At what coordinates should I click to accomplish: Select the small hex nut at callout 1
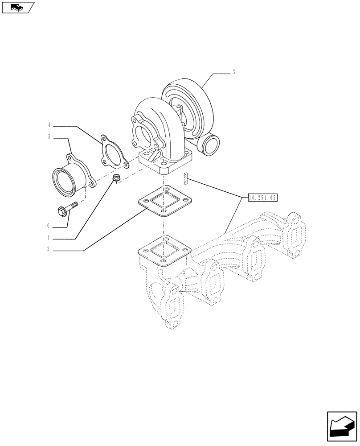tap(115, 179)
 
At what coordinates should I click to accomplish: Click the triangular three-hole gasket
tap(112, 152)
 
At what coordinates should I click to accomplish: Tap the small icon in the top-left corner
tap(18, 7)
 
